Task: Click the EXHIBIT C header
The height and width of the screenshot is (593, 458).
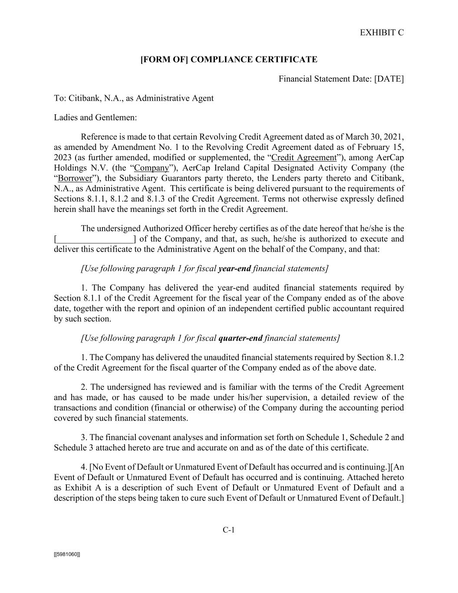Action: [382, 33]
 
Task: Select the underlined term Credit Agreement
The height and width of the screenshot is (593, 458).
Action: [303, 157]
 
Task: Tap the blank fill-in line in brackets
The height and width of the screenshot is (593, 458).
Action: [95, 239]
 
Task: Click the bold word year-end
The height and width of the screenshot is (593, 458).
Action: [234, 268]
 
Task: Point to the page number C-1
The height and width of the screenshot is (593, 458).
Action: [229, 530]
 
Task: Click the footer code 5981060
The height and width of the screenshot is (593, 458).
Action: [67, 554]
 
